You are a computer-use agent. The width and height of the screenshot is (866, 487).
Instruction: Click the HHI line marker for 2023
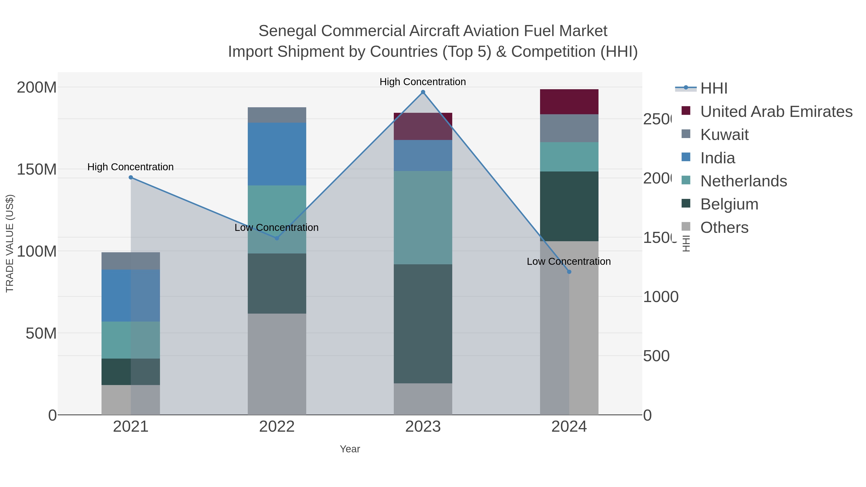423,92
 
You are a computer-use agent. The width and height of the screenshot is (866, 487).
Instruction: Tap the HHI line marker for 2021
131,177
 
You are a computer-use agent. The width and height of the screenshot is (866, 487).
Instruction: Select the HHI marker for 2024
569,272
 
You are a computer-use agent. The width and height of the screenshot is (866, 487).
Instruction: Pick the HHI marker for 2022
277,238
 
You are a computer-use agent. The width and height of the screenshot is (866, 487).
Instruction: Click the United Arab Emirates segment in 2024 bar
569,102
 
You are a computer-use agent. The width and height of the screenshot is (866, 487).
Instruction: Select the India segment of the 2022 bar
277,154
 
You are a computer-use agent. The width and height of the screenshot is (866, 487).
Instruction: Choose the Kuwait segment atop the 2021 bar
131,261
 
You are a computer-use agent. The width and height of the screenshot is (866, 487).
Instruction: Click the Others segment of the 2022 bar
277,364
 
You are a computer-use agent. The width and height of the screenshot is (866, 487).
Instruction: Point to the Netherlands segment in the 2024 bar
569,157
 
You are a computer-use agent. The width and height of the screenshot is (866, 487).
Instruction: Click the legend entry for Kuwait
724,135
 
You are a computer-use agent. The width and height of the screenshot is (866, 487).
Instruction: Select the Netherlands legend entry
743,181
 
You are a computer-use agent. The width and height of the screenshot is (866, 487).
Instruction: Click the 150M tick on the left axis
36,169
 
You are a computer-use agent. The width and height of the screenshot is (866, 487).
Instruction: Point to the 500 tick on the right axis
656,356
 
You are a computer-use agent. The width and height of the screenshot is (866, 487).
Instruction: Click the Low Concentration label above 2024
568,261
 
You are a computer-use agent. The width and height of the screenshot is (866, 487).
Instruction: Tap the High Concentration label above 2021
130,167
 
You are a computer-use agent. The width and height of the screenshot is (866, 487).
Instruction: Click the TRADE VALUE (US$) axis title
10,243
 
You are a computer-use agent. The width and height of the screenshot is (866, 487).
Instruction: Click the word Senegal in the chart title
287,31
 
